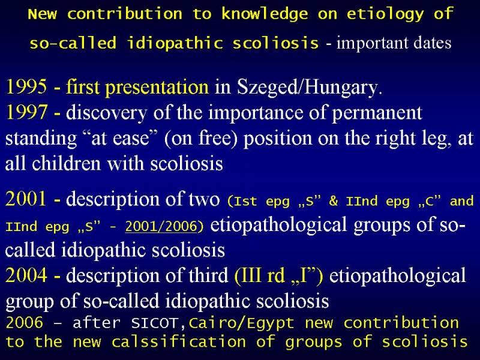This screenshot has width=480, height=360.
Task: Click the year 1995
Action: (26, 86)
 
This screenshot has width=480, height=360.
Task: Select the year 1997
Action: (26, 112)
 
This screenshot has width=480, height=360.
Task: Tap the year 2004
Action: (26, 275)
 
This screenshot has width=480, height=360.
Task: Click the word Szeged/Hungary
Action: (310, 88)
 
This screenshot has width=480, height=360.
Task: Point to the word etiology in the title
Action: (385, 14)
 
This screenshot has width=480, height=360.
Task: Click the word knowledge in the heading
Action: (265, 14)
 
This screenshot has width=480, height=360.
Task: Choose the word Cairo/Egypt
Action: (242, 324)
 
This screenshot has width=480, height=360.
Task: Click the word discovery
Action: (107, 113)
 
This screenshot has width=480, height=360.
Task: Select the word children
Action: (66, 163)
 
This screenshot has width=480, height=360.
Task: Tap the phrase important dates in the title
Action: (394, 43)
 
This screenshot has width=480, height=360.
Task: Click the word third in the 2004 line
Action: (208, 275)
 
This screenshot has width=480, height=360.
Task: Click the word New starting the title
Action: (43, 14)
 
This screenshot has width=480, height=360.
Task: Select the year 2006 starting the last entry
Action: (25, 323)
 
